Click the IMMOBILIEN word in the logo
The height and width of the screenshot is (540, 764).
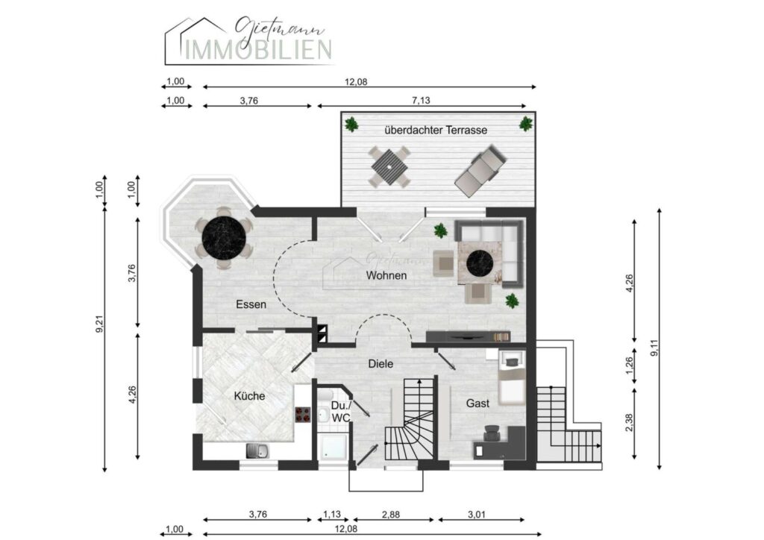(259, 50)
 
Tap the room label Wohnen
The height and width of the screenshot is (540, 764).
(386, 276)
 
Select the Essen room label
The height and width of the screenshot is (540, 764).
(251, 305)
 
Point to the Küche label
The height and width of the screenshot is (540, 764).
(249, 396)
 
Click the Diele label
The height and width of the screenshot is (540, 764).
(381, 364)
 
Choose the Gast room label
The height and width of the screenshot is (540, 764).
(477, 404)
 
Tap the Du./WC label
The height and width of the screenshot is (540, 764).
(341, 412)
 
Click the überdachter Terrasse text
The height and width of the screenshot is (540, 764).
(436, 130)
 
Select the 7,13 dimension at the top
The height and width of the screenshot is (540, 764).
(421, 100)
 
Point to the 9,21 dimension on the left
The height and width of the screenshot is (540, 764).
(99, 324)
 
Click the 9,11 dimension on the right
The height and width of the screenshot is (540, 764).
(654, 348)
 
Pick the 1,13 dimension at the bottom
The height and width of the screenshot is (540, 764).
(332, 514)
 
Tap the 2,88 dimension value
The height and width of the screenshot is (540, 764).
(391, 514)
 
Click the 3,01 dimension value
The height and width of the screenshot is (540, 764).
(477, 514)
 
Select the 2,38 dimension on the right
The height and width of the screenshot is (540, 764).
(629, 423)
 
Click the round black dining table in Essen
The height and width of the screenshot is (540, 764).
(224, 238)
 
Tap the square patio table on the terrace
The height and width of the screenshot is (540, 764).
(389, 166)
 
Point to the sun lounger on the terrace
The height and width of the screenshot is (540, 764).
(481, 170)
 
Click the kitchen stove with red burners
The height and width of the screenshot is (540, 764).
(302, 415)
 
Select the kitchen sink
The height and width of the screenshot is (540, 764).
(257, 451)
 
